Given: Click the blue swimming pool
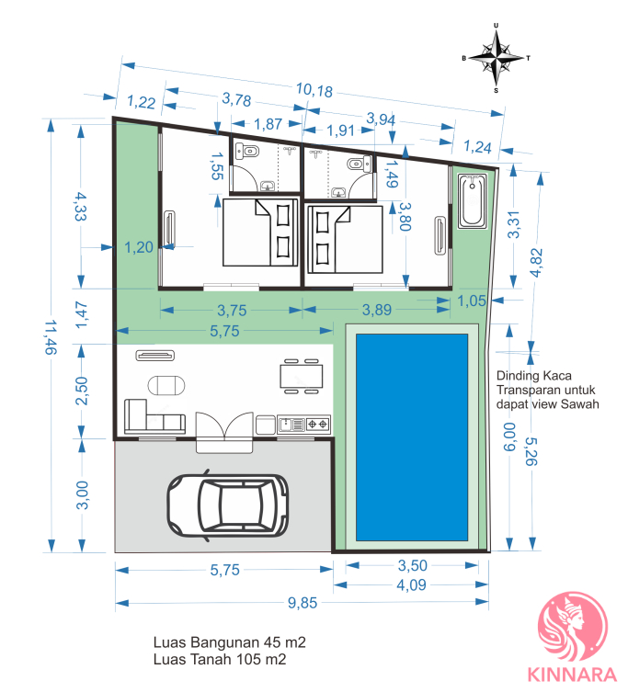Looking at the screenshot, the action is pyautogui.click(x=412, y=437).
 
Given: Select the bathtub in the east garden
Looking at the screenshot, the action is pyautogui.click(x=472, y=201).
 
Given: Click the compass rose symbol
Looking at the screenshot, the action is pyautogui.click(x=496, y=58).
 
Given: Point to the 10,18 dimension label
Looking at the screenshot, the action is pyautogui.click(x=314, y=90).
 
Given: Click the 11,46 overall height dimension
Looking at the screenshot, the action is pyautogui.click(x=51, y=337).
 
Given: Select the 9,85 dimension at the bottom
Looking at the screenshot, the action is pyautogui.click(x=303, y=603).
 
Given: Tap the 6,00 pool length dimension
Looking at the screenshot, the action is pyautogui.click(x=509, y=437).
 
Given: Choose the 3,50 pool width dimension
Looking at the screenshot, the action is pyautogui.click(x=413, y=565).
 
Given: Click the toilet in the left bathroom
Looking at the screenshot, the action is pyautogui.click(x=248, y=152).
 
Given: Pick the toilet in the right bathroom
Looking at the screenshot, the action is pyautogui.click(x=359, y=164).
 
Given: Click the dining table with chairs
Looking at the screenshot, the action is pyautogui.click(x=302, y=376).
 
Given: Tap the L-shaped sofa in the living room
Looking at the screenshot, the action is pyautogui.click(x=154, y=416).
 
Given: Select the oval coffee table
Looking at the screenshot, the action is pyautogui.click(x=166, y=385).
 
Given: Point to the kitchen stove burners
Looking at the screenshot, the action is pyautogui.click(x=317, y=425).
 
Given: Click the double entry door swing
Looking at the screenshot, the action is pyautogui.click(x=224, y=425).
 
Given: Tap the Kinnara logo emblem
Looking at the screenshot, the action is pyautogui.click(x=572, y=627).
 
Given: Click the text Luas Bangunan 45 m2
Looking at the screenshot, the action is pyautogui.click(x=230, y=642).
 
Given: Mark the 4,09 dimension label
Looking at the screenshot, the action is pyautogui.click(x=411, y=584).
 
